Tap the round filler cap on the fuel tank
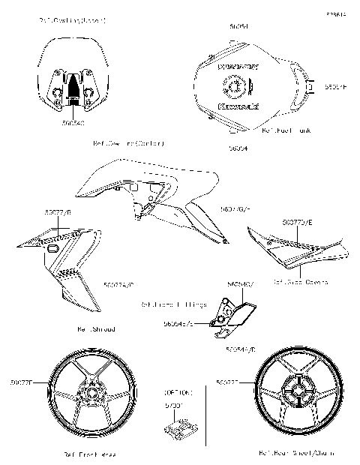coord(235,88)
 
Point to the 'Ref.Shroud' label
coord(96,328)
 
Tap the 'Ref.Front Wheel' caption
coord(88,454)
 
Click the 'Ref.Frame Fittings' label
coord(174,304)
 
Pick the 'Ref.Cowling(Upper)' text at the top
coord(72,20)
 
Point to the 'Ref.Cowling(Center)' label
coord(128,142)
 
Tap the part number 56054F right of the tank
coord(334,87)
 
